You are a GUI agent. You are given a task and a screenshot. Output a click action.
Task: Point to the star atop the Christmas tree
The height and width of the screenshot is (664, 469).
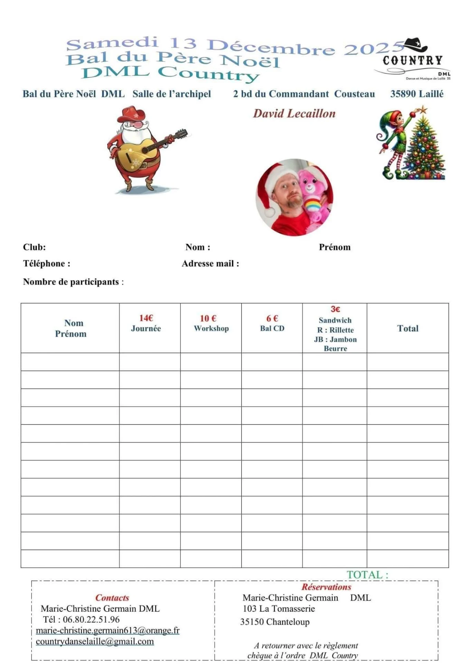coord(422,111)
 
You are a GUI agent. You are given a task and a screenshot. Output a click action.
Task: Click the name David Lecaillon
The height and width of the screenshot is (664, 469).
coord(294,113)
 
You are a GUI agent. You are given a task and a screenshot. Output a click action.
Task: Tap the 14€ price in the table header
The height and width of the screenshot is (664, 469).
coord(146,318)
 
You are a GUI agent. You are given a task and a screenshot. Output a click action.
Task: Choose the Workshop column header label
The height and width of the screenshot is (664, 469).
coord(211,328)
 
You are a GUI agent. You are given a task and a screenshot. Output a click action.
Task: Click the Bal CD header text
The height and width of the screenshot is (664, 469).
coord(272,328)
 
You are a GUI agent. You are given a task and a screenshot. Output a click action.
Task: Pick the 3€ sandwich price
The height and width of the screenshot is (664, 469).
coord(335,309)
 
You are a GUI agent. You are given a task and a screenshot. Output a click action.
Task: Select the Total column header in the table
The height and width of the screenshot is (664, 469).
coord(408,328)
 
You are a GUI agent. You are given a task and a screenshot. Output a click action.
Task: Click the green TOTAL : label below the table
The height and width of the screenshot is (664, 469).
coord(367,575)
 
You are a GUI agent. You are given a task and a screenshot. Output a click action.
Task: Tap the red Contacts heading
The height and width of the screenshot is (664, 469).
coord(112,598)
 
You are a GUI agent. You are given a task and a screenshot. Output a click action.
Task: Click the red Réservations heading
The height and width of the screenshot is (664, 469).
coord(326,587)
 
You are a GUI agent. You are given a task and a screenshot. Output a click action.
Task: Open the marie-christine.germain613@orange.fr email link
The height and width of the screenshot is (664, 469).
coord(107,630)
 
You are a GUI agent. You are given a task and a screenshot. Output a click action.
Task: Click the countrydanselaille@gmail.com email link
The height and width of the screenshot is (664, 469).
coord(95,642)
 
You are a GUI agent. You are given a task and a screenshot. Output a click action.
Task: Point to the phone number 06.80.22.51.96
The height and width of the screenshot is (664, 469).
coord(91,619)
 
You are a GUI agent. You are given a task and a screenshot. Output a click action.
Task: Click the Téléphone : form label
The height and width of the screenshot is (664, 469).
coord(47,264)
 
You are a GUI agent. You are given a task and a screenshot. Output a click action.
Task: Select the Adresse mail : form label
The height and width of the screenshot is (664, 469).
coord(210,264)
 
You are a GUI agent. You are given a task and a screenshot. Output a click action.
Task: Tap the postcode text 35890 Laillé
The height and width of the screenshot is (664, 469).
coord(416,94)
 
